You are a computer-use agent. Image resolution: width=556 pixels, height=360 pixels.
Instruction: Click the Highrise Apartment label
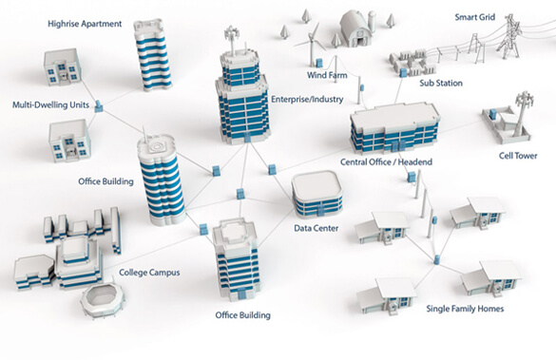85,23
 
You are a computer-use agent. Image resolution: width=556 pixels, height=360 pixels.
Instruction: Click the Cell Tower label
520,157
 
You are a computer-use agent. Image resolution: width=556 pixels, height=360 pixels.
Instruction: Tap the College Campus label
150,273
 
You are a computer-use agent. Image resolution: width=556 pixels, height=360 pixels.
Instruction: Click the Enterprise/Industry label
305,99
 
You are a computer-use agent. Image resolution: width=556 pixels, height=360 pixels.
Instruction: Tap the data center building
316,195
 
